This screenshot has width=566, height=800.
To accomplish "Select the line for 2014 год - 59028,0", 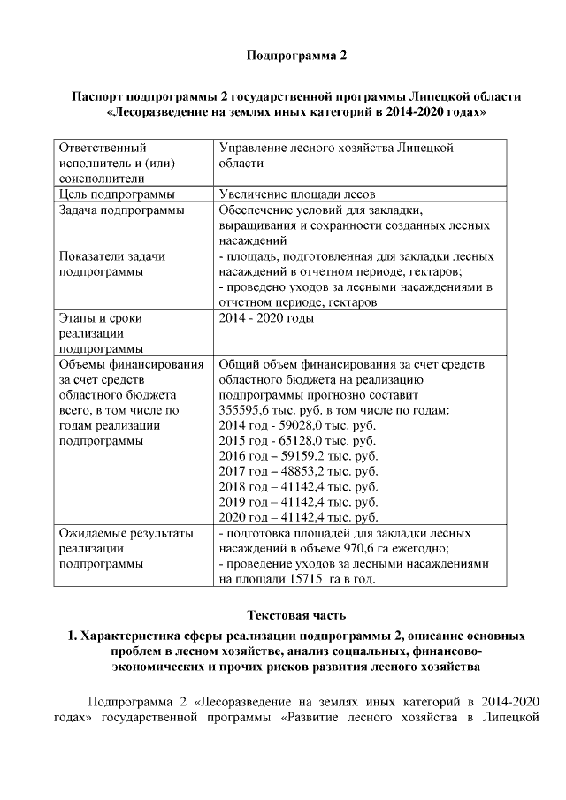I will pyautogui.click(x=296, y=425).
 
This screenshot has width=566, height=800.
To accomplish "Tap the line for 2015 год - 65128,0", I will pyautogui.click(x=296, y=440).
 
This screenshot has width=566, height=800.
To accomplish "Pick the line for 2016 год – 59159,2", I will pyautogui.click(x=296, y=456).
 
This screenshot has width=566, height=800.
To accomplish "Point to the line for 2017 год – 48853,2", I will pyautogui.click(x=296, y=471).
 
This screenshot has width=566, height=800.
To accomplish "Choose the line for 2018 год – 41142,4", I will pyautogui.click(x=296, y=486).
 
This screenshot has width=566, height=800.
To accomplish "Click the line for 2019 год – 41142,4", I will pyautogui.click(x=296, y=501).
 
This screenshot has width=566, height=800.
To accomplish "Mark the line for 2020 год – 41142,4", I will pyautogui.click(x=296, y=517).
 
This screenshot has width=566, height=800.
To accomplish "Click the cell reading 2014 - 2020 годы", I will pyautogui.click(x=266, y=317).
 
